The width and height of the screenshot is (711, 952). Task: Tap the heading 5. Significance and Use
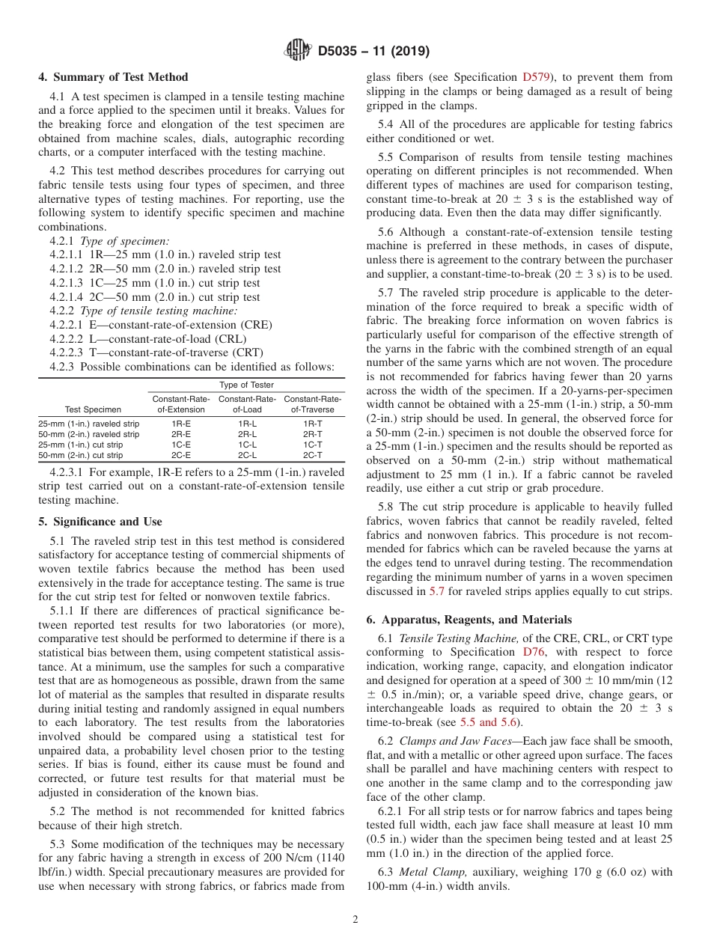pos(100,522)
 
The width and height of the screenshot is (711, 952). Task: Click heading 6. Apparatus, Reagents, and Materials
pos(466,620)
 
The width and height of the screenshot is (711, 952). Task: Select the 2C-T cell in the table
pos(313,455)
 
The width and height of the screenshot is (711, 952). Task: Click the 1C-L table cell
pos(248,445)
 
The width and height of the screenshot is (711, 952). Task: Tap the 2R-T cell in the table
pos(313,434)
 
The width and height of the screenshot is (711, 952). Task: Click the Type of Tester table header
pos(246,385)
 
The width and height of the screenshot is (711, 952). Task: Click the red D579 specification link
pos(537,77)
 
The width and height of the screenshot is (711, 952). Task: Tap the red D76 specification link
pos(533,653)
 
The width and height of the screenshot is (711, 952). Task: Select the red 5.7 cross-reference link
pos(436,591)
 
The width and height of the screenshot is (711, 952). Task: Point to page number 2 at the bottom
pos(355,920)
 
